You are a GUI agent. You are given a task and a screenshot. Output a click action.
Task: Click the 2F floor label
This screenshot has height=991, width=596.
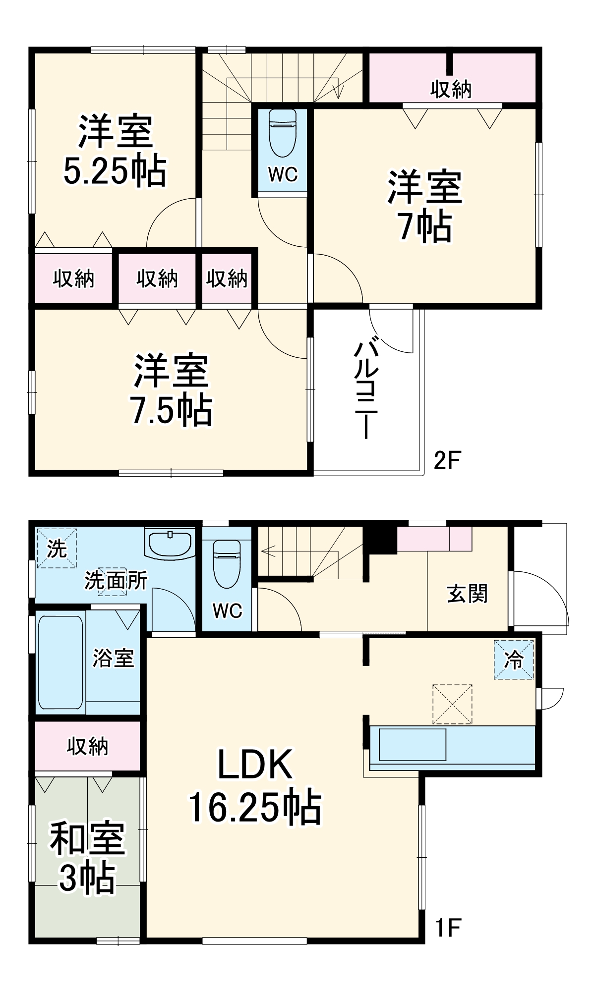[x=447, y=460]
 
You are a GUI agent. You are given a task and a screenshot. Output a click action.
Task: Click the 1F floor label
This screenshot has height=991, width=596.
[x=448, y=928]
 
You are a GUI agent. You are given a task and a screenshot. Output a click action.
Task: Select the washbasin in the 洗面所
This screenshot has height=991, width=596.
[x=170, y=544]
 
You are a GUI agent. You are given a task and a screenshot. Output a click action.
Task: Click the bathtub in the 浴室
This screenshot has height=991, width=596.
[x=60, y=662]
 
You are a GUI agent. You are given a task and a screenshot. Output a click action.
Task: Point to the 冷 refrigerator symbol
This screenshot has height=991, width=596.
[x=514, y=660]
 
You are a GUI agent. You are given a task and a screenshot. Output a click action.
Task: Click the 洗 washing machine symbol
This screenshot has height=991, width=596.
[x=57, y=549]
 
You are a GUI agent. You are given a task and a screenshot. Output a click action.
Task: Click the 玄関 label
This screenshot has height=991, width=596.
[x=467, y=594]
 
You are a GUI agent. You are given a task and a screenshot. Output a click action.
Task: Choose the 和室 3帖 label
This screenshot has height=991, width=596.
[x=87, y=858]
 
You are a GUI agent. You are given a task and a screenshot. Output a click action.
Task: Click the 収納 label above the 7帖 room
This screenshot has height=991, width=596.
[x=450, y=90]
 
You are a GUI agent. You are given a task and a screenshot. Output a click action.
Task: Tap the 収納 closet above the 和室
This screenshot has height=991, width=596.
[x=87, y=746]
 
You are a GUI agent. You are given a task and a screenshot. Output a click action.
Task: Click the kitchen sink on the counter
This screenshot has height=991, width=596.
[x=413, y=744]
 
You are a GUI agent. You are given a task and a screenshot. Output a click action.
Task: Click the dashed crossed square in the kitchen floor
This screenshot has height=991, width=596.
[x=452, y=704]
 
